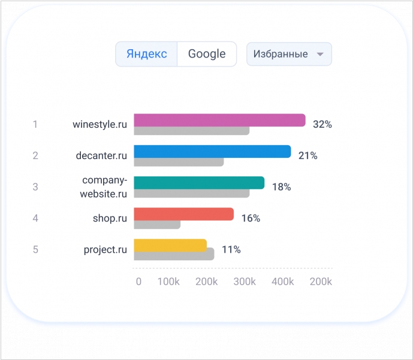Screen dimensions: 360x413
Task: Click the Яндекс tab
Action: click(146, 54)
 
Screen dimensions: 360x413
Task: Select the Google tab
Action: click(207, 54)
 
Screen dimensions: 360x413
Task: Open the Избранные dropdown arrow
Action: click(320, 54)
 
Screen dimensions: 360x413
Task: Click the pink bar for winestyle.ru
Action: click(219, 120)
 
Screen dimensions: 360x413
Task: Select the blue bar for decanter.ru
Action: click(212, 151)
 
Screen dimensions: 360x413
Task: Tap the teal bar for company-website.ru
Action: click(199, 182)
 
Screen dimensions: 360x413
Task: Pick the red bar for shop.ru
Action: click(183, 214)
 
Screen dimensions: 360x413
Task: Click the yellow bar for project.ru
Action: click(170, 245)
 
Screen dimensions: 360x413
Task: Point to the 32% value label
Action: click(322, 125)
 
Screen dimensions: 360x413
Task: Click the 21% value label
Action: click(308, 156)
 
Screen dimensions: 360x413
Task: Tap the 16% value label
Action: click(251, 218)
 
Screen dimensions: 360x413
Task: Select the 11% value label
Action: click(231, 250)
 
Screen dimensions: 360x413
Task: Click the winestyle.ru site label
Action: click(100, 125)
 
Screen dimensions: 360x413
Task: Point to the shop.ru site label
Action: click(110, 218)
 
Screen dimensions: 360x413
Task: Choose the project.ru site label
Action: click(105, 250)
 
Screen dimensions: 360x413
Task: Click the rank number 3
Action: click(35, 187)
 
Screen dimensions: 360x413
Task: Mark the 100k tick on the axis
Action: click(168, 282)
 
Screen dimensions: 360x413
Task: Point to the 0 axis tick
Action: click(138, 282)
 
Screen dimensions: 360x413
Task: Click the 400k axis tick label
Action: click(283, 282)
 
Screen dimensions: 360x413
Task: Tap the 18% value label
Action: click(281, 187)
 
